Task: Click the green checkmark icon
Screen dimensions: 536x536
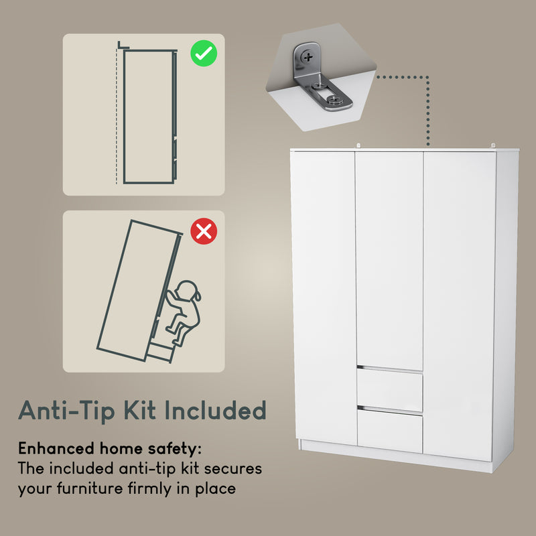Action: pos(204,53)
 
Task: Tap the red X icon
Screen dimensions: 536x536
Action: pos(204,232)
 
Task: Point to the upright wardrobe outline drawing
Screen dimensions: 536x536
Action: pos(149,115)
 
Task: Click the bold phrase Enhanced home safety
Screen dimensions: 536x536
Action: pos(109,448)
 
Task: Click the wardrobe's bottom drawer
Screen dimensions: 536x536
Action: pos(389,430)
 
